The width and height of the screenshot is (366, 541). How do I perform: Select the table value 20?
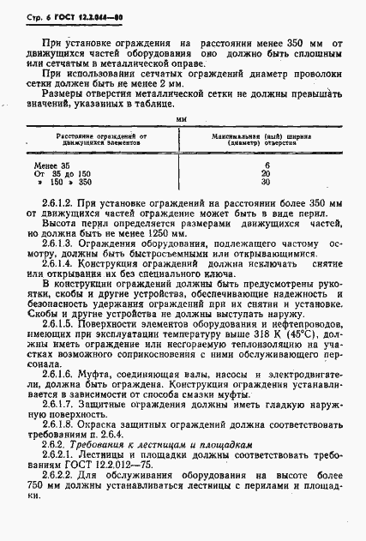click(x=267, y=173)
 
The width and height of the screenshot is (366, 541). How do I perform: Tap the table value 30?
click(x=267, y=183)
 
